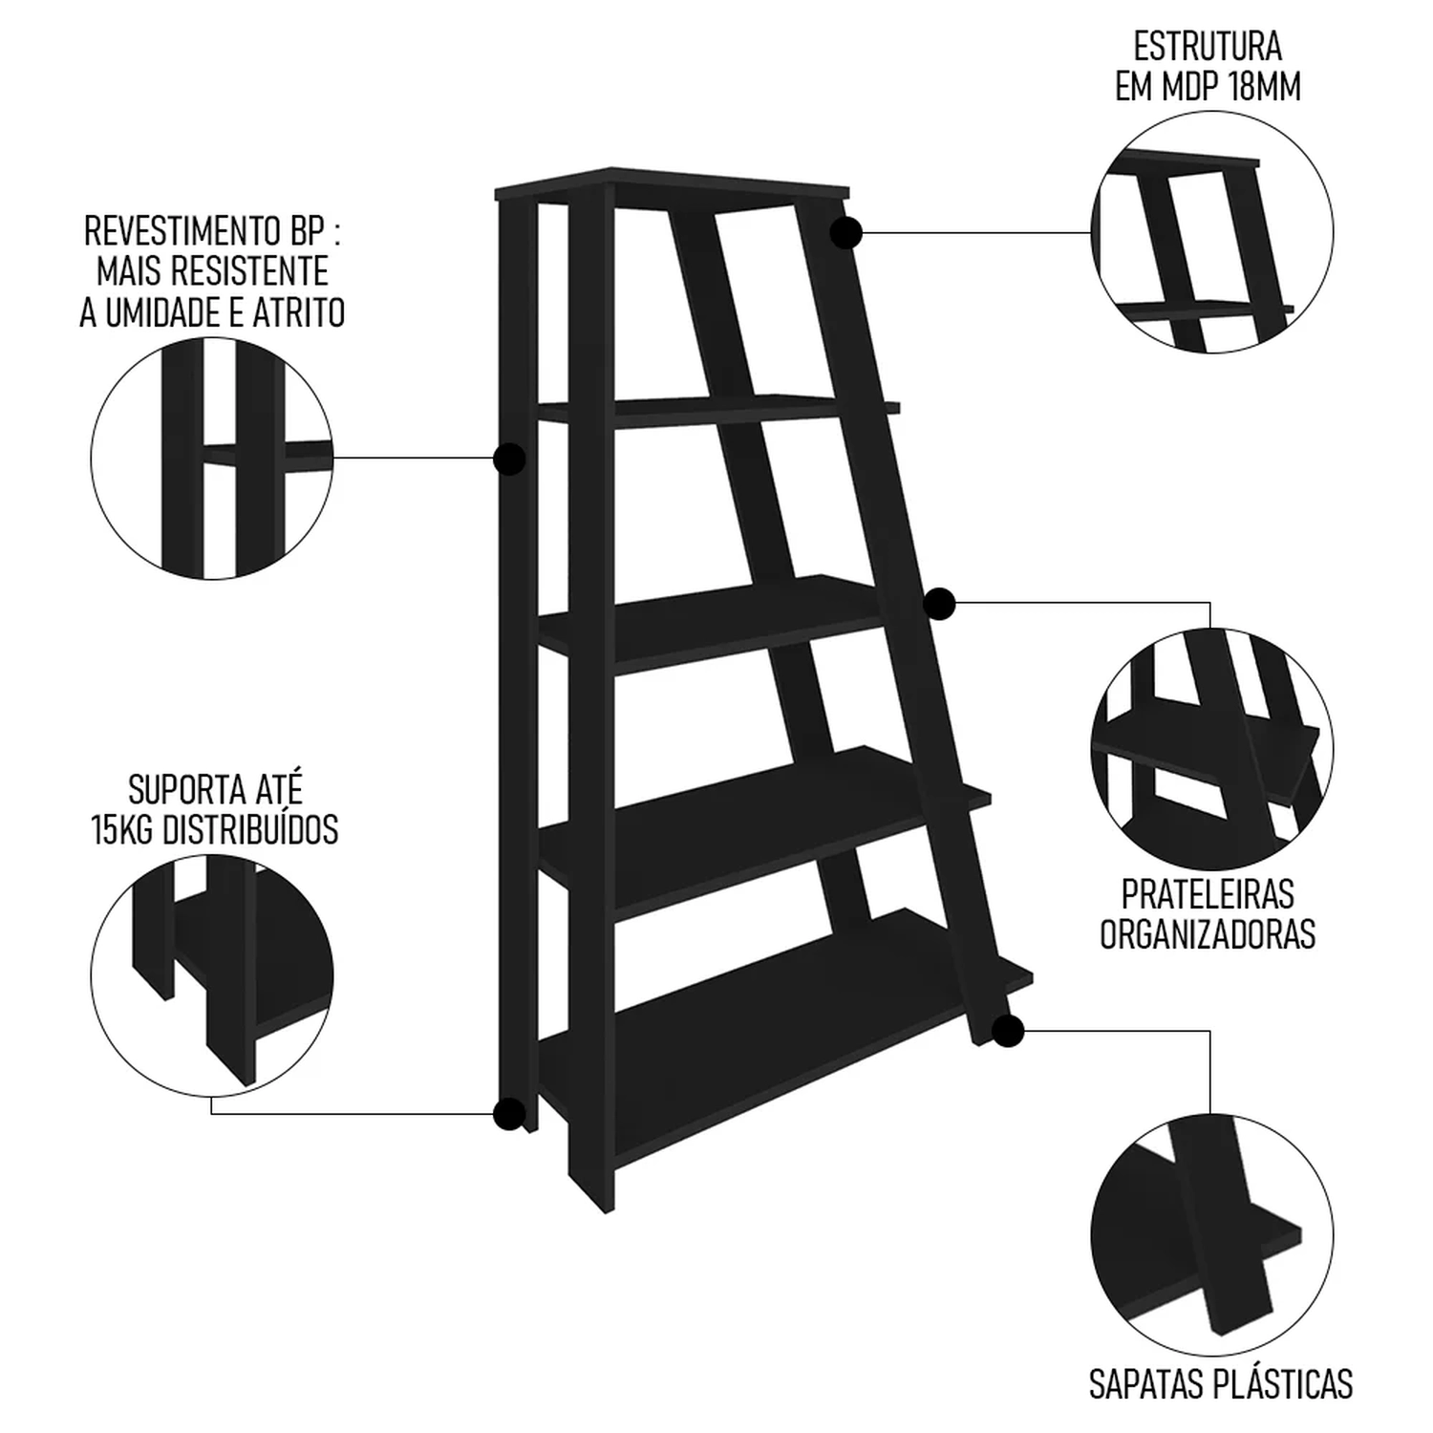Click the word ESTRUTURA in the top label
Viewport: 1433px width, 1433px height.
(1208, 47)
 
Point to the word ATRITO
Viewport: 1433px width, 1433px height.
(300, 312)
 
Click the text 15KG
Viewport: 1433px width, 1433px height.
(124, 830)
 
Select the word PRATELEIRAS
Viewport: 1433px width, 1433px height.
(1208, 894)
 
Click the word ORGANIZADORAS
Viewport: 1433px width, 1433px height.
(1208, 934)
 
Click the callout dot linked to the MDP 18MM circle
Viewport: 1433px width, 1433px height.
(846, 232)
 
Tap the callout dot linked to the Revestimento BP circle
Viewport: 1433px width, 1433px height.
(510, 460)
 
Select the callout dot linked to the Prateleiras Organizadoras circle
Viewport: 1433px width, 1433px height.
(940, 604)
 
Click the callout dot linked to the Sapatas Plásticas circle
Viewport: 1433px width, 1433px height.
(1008, 1032)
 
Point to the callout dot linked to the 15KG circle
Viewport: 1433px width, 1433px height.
(509, 1114)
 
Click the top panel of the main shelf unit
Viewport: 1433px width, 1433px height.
(672, 185)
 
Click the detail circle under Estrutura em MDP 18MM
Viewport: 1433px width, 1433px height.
(1212, 232)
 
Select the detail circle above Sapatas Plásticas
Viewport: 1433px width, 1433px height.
(1212, 1231)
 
